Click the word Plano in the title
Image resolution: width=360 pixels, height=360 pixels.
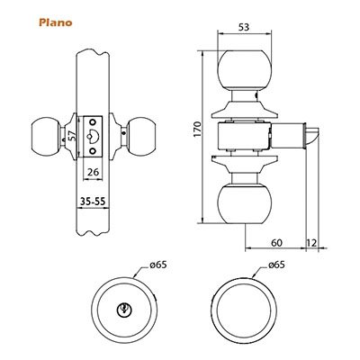[x=56, y=22]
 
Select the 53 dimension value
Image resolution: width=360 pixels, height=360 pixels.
[x=244, y=27]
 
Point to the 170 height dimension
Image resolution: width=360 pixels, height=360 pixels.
[x=197, y=130]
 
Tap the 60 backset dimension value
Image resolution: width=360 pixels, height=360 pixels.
[x=276, y=242]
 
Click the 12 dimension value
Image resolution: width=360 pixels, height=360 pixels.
[x=311, y=242]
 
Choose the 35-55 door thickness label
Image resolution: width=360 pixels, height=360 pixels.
[x=93, y=202]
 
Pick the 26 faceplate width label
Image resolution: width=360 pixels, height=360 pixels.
[x=93, y=172]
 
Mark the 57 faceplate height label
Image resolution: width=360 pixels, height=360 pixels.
[x=72, y=137]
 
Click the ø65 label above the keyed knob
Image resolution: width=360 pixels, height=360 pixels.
[x=157, y=265]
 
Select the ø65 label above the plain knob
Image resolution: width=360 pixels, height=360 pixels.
[x=276, y=265]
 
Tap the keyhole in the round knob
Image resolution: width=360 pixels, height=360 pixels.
[x=124, y=309]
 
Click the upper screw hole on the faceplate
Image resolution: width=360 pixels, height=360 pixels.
[x=93, y=121]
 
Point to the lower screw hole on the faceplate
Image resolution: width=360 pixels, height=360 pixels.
[x=93, y=150]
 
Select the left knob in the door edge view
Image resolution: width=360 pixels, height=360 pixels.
[x=45, y=137]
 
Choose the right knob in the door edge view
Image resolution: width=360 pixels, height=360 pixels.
[x=142, y=137]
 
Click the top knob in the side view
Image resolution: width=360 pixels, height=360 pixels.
[x=245, y=70]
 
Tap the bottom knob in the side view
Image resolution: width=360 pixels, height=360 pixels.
[x=245, y=204]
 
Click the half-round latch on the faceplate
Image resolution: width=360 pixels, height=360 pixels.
[x=94, y=137]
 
